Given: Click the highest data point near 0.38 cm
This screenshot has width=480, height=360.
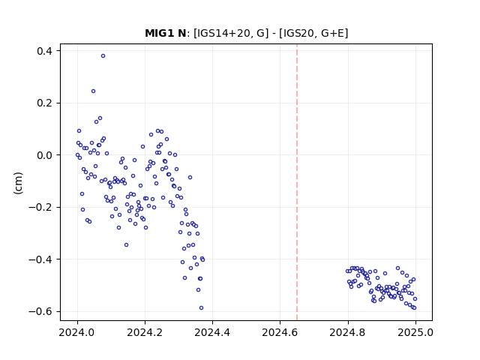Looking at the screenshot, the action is click(103, 56).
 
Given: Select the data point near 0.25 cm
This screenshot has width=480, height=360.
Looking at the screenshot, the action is click(93, 91).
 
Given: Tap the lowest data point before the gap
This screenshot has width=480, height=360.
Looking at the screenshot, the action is click(201, 308).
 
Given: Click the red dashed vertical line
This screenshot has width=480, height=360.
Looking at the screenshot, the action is click(297, 182).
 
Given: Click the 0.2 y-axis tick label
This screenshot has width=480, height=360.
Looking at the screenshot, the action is click(44, 103).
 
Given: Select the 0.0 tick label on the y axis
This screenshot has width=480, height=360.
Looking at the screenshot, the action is click(44, 155).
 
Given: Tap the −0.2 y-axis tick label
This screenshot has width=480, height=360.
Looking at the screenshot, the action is click(40, 207).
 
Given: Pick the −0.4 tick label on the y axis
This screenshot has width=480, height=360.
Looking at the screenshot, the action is click(40, 259).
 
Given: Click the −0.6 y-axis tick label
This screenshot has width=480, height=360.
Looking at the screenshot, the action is click(40, 311).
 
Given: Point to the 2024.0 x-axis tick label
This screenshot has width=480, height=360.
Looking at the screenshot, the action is click(77, 332).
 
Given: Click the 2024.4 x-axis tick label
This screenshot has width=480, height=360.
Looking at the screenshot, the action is click(212, 332).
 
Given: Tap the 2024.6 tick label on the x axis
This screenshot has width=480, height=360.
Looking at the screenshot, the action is click(280, 332).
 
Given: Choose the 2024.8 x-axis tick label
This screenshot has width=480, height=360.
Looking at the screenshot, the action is click(347, 332).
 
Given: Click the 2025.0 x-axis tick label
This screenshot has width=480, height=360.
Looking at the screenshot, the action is click(415, 332).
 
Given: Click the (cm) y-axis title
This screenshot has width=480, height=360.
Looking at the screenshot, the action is click(18, 183).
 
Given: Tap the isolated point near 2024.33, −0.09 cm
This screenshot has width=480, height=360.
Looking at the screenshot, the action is click(190, 178).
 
